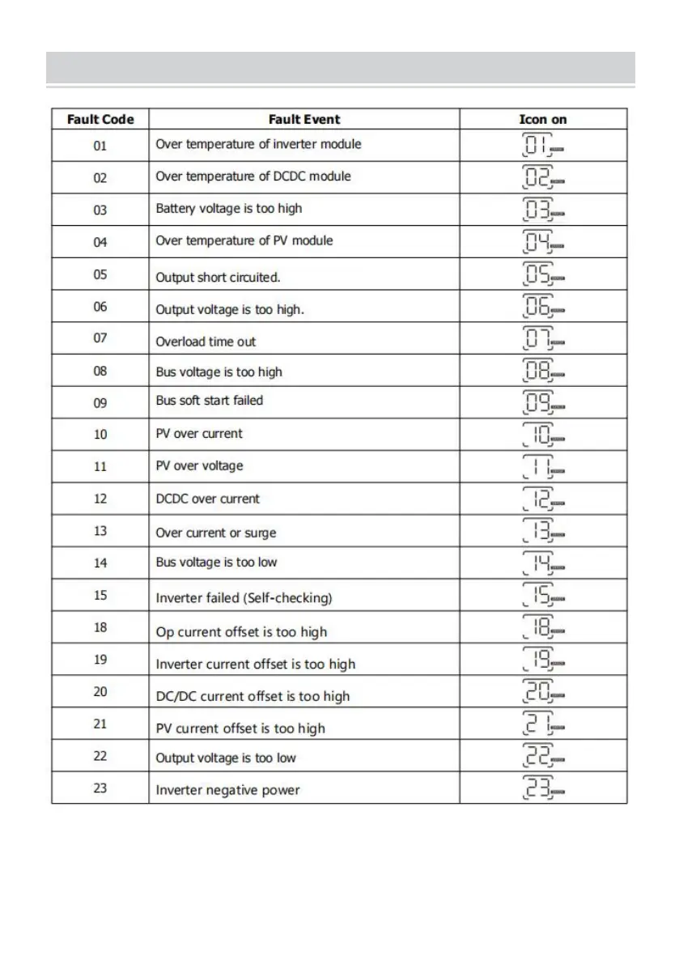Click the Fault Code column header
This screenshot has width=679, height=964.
tap(100, 120)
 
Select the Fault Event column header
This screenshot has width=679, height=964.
tap(304, 120)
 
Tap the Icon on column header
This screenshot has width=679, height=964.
tap(543, 120)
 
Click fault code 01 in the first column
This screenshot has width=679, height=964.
tap(100, 146)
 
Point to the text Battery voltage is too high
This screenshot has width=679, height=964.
tap(229, 209)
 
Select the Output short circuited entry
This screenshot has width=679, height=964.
tap(219, 277)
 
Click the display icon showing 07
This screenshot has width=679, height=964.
tap(543, 338)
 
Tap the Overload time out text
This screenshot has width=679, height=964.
tap(206, 342)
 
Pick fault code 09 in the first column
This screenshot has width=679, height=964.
tap(100, 403)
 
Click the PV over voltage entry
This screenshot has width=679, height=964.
tap(199, 466)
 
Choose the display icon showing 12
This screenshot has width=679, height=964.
tap(543, 499)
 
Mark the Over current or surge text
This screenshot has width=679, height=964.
tap(216, 533)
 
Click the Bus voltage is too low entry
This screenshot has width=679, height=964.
tap(217, 563)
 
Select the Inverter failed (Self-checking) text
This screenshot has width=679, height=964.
tap(244, 598)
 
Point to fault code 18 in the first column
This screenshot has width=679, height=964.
tap(100, 627)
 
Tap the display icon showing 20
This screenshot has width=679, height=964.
tap(543, 692)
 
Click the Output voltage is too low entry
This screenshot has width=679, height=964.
tap(226, 758)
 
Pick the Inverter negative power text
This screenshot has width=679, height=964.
tap(227, 790)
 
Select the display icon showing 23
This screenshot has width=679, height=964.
tap(543, 788)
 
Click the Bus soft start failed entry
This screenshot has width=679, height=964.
tap(210, 401)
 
